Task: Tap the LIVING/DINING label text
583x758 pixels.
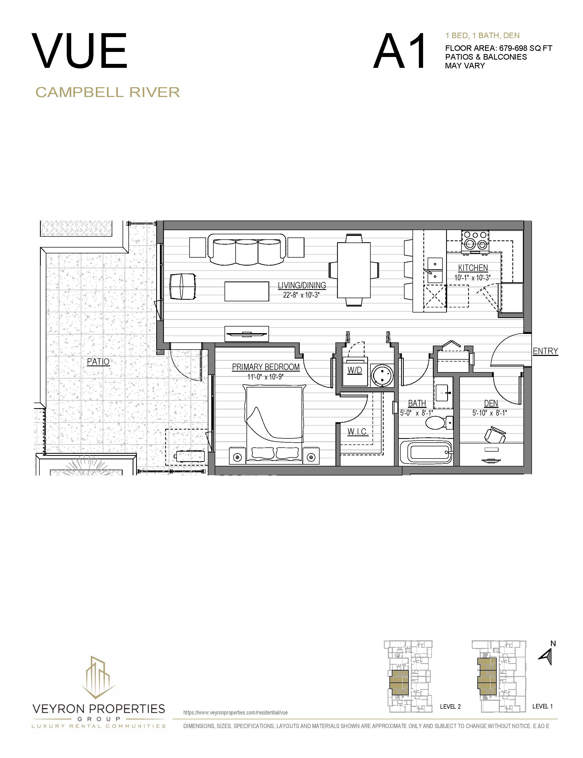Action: (x=302, y=285)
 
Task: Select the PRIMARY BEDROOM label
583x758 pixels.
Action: (x=266, y=367)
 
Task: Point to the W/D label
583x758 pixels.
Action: (x=354, y=370)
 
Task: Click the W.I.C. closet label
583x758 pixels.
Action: (x=357, y=432)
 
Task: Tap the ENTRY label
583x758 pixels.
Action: (x=545, y=351)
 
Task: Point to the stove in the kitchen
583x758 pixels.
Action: (x=474, y=241)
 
